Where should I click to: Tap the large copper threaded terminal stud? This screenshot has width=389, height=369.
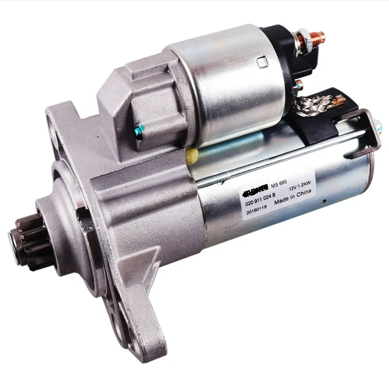coord(318,38)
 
